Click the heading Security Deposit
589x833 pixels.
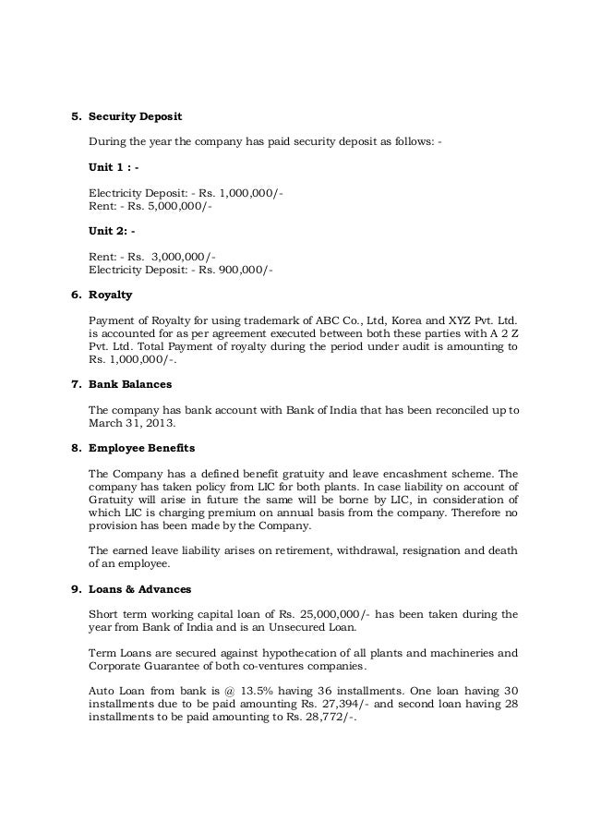(x=135, y=117)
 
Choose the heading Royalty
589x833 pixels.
(x=110, y=296)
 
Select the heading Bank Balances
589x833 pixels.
(x=131, y=382)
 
